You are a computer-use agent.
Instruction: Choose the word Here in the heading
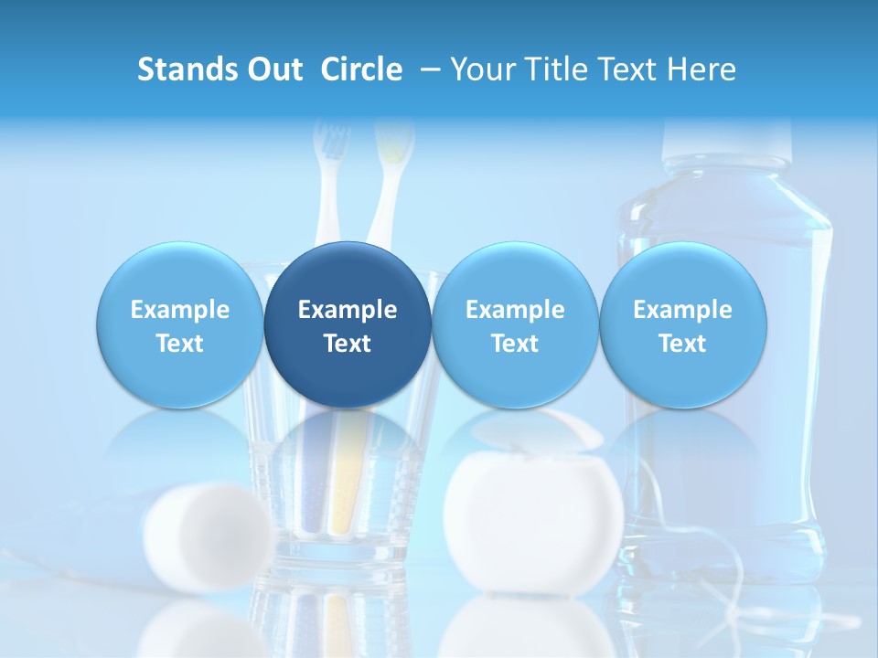(x=702, y=69)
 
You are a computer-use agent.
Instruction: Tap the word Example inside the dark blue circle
(x=348, y=310)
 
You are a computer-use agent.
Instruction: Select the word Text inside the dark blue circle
(x=348, y=344)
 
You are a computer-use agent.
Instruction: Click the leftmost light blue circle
(x=180, y=325)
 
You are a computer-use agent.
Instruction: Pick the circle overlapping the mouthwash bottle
(x=683, y=325)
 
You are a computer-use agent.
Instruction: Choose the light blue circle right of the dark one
(x=515, y=325)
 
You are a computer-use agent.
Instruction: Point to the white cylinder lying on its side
(x=209, y=535)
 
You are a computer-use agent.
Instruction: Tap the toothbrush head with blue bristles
(x=331, y=143)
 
